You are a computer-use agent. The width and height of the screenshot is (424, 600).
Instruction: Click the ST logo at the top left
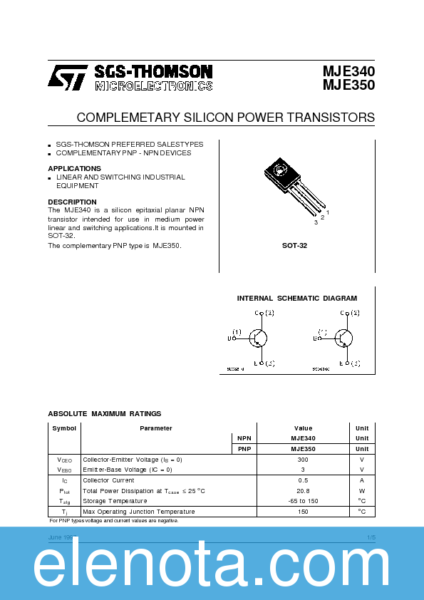68,77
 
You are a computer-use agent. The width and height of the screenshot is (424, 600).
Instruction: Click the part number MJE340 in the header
348,71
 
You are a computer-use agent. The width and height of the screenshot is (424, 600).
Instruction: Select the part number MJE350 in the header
348,85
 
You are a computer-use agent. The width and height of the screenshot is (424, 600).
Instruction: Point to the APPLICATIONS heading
74,168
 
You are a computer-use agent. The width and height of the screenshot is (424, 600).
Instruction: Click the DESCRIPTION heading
73,202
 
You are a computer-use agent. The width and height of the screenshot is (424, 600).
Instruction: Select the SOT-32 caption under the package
294,245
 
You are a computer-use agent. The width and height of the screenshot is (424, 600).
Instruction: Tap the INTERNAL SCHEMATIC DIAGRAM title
296,299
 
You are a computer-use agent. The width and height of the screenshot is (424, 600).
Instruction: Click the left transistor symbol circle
259,338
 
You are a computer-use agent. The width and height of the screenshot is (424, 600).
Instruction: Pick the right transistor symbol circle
344,338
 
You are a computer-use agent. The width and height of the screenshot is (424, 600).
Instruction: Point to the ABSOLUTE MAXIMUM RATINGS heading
104,413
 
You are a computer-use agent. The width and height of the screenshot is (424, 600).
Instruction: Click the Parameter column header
155,428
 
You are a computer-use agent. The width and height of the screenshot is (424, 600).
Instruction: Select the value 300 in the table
303,460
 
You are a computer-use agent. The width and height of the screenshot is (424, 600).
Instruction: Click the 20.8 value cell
303,491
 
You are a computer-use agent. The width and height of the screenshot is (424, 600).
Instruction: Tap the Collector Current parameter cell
108,480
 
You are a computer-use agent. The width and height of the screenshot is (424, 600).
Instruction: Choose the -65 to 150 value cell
303,501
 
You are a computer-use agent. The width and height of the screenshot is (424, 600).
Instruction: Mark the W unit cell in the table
362,491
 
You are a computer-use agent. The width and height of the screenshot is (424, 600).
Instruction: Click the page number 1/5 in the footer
371,536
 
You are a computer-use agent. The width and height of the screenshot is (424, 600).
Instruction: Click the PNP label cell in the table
243,449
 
